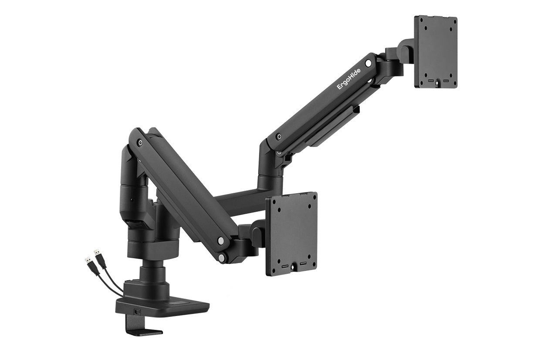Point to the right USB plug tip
[x=96, y=252]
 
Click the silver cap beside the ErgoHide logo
[x=369, y=64]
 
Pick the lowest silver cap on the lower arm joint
[x=223, y=259]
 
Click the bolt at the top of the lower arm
[x=140, y=142]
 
